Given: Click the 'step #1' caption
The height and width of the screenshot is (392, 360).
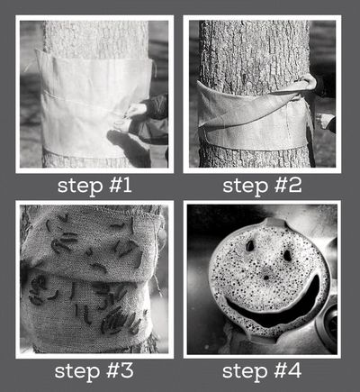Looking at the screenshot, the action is pos(94,187).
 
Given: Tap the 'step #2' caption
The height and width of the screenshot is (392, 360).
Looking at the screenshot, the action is pos(262,187).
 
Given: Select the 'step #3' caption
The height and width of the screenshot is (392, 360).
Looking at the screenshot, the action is pos(94,371).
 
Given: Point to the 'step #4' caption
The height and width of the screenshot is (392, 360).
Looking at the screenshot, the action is pos(262,371).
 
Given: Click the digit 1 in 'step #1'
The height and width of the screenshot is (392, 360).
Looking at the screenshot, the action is pos(127,186).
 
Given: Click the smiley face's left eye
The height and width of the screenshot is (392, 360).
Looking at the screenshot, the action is pos(250,246).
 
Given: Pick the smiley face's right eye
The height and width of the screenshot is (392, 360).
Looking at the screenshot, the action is pos(287,255).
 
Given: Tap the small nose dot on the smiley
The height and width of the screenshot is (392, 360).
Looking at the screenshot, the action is pos(265,277).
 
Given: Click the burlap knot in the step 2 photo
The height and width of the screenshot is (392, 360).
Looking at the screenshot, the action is pos(305,84).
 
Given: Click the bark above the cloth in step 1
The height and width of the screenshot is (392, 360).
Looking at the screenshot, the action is pos(95,38).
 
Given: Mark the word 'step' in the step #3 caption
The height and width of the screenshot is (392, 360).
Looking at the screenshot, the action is pos(77,372).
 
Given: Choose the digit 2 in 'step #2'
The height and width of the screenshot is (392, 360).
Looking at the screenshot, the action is pos(295,186).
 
